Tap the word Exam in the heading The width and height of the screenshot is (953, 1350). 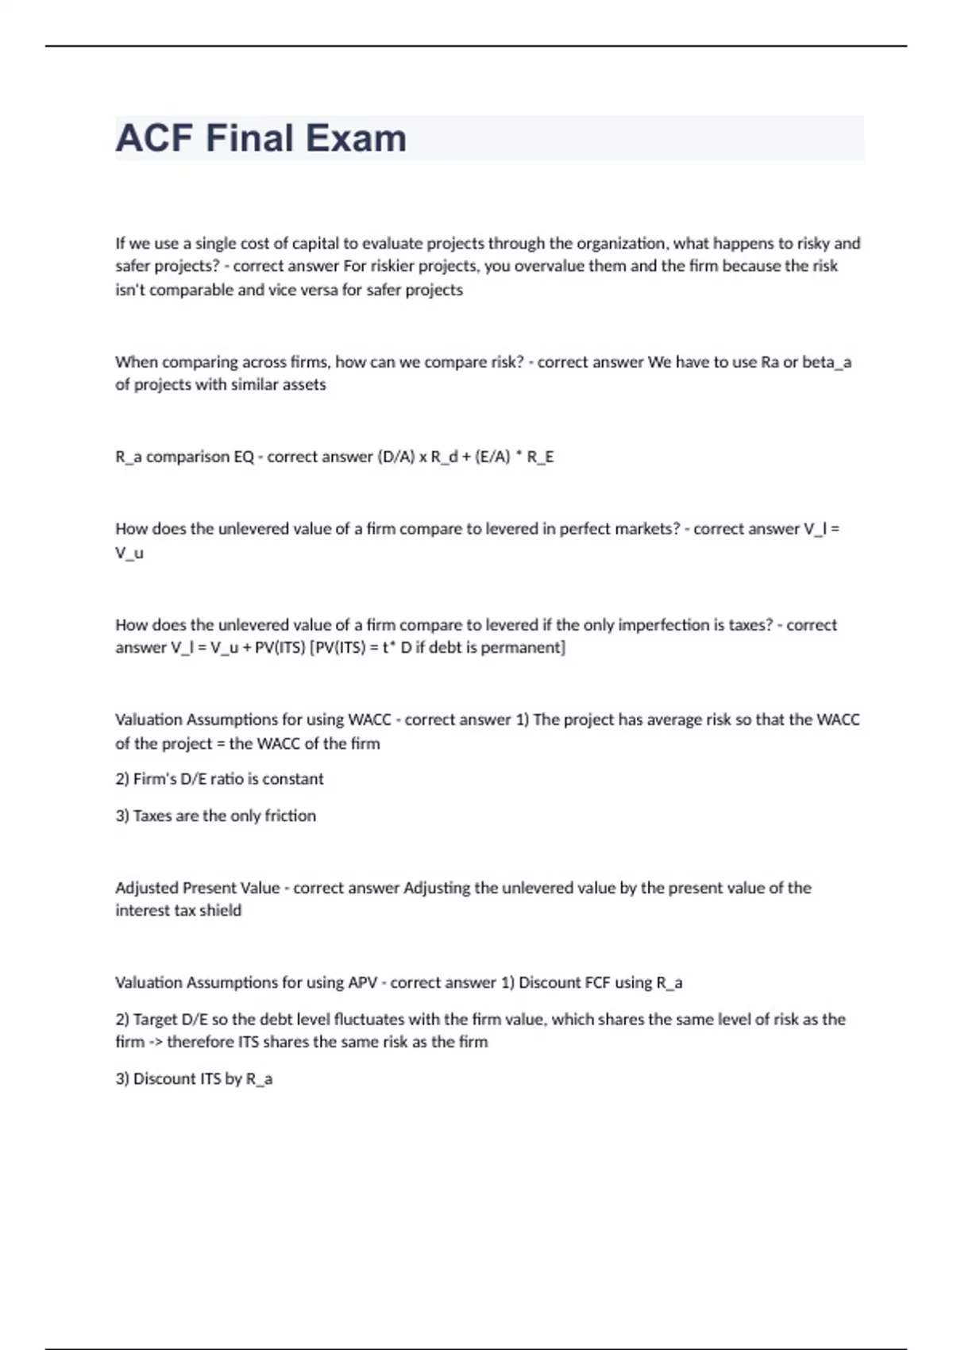click(356, 138)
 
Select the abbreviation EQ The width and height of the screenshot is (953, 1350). click(244, 457)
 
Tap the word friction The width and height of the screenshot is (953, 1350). click(290, 816)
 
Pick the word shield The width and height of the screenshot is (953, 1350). click(221, 911)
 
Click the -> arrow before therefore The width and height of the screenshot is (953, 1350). click(156, 1042)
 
